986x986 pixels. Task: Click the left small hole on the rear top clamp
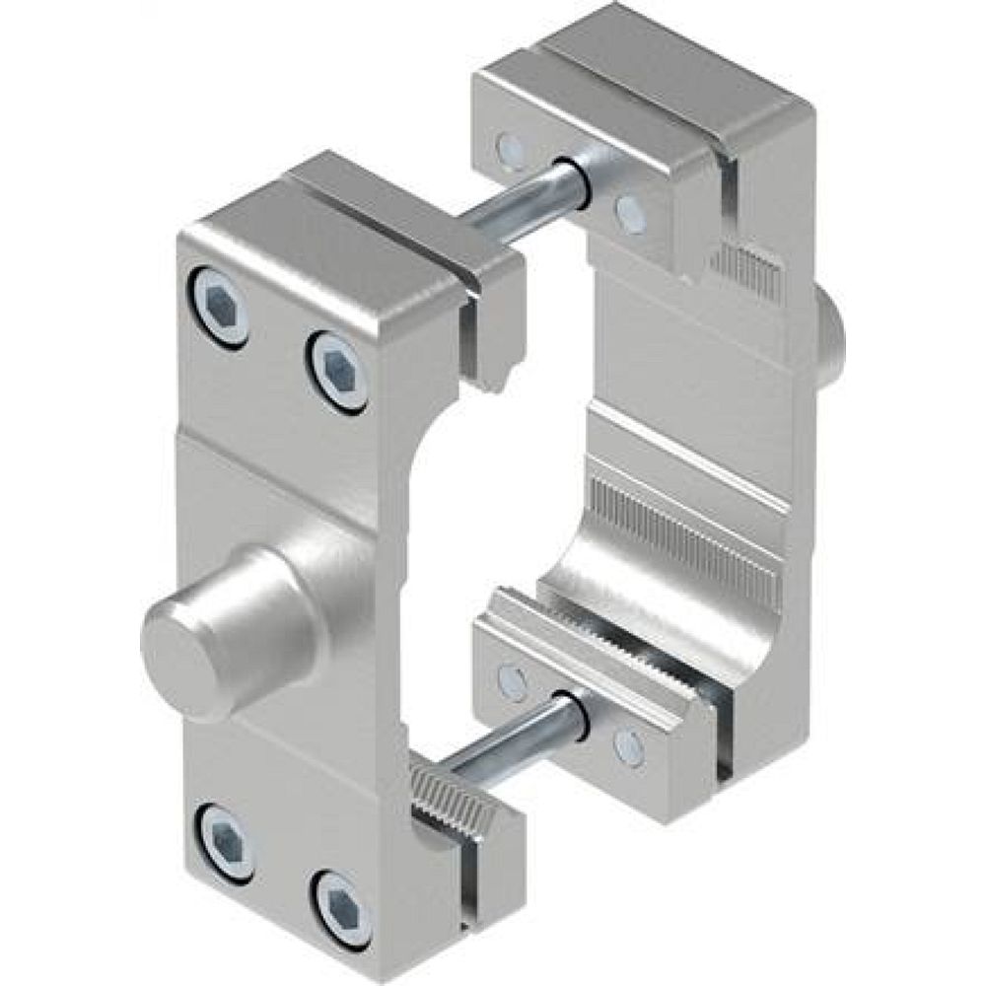pos(512,149)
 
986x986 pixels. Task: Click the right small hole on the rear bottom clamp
pos(628,746)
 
